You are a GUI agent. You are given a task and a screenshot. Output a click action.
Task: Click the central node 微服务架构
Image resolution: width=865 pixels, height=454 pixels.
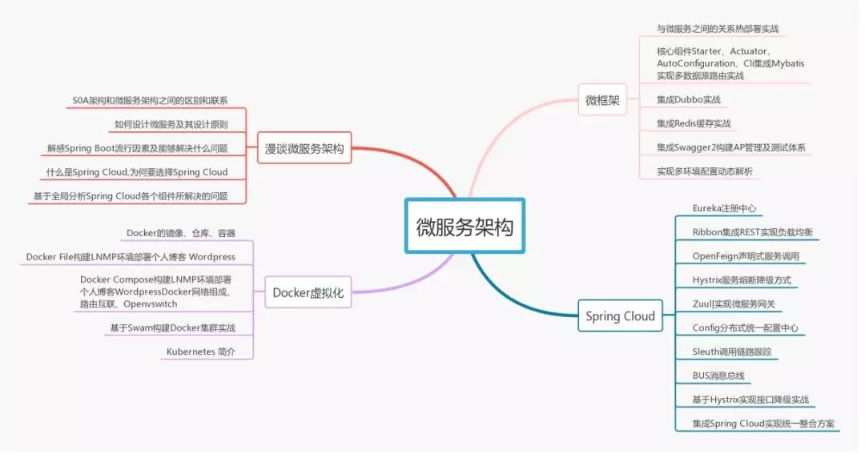(465, 226)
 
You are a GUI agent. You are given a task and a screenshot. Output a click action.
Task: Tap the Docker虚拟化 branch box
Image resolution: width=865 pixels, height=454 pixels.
(308, 293)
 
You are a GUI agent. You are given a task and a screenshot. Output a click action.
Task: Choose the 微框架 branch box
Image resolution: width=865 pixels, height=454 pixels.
(602, 100)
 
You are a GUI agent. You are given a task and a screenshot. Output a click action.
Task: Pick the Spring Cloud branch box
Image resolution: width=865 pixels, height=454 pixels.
(620, 316)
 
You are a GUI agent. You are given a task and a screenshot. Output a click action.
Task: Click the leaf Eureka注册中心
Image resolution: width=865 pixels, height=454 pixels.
(724, 208)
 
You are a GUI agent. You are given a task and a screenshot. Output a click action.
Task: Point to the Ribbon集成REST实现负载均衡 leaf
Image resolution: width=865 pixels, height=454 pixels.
(752, 232)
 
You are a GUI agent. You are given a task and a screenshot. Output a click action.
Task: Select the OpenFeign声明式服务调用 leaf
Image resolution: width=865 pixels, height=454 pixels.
(745, 256)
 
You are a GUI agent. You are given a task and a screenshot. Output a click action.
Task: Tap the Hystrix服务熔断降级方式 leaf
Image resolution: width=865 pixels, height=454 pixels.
(742, 280)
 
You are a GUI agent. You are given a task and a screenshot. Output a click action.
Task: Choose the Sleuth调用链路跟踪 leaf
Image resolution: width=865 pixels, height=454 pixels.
(731, 352)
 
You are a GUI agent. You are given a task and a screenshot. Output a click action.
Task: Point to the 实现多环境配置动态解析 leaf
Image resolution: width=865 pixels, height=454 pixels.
(704, 171)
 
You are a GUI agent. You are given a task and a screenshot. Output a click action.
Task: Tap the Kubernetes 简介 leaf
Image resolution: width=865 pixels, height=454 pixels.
(200, 352)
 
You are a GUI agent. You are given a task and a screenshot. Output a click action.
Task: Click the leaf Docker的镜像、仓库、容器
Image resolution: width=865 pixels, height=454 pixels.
(181, 233)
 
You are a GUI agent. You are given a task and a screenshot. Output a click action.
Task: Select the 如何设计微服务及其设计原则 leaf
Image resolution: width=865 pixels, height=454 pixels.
(171, 124)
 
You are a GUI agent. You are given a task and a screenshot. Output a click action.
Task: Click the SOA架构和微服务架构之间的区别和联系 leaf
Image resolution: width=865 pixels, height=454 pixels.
(150, 101)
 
